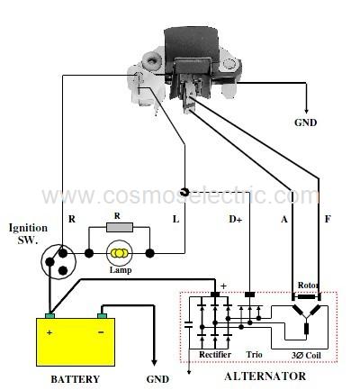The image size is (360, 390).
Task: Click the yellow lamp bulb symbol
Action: [x=120, y=253]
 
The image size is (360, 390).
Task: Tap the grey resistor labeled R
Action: [x=120, y=227]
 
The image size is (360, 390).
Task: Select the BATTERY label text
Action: [x=75, y=379]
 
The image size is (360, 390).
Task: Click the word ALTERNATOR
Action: [x=265, y=376]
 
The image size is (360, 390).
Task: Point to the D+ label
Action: [x=235, y=220]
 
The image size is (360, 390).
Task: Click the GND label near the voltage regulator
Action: [x=305, y=122]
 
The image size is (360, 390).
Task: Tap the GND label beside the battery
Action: [x=157, y=379]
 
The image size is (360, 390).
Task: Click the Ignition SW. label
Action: [x=28, y=233]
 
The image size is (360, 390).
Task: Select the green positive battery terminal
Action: [x=49, y=315]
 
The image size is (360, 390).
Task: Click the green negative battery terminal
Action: [x=102, y=315]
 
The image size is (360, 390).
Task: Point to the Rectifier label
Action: [x=215, y=355]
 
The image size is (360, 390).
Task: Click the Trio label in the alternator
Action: [x=254, y=355]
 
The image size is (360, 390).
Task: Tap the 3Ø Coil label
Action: [x=306, y=356]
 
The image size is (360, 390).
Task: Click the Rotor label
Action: [x=308, y=285]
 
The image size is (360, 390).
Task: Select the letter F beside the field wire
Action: [x=328, y=219]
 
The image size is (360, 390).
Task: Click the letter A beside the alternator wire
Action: [x=283, y=220]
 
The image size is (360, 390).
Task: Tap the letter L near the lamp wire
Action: [x=175, y=220]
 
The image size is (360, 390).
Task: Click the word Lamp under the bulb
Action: [x=121, y=270]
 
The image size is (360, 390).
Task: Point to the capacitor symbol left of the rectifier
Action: [x=189, y=324]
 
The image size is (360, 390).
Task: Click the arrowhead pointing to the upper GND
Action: [x=306, y=110]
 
